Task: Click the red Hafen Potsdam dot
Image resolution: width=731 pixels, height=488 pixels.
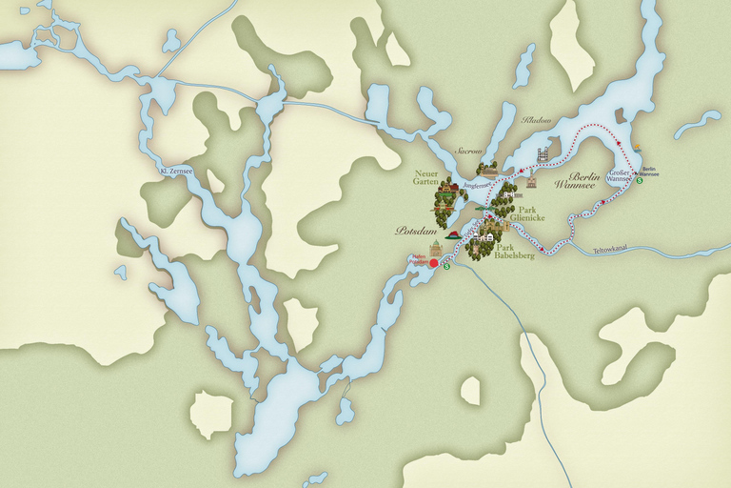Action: tap(434, 263)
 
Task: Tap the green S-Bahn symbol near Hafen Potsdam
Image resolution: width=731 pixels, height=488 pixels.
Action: tap(446, 266)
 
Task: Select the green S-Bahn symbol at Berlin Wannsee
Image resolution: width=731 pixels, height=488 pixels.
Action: tap(640, 180)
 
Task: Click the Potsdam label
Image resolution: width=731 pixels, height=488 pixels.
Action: tap(415, 231)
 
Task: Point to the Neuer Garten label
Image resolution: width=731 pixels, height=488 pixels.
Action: tap(425, 178)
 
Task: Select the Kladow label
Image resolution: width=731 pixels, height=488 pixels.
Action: tap(538, 120)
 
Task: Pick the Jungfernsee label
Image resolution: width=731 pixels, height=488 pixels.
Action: tap(475, 186)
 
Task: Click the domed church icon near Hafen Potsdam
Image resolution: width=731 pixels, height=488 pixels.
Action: tap(436, 249)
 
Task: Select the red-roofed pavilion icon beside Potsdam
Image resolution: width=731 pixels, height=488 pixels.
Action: tap(454, 234)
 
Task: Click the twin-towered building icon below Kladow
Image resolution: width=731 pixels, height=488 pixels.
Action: tap(543, 155)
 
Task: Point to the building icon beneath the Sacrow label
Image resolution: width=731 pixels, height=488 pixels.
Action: tap(488, 168)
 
